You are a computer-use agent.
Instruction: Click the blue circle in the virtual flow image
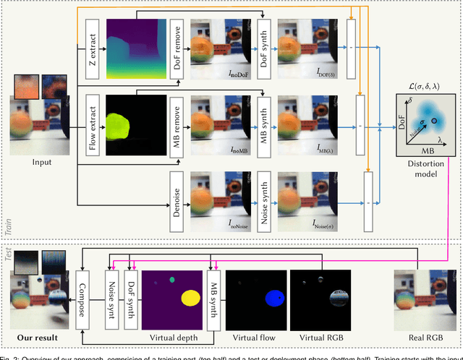275,297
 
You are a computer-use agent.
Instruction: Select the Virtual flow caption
258,337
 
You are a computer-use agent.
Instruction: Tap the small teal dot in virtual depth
171,280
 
